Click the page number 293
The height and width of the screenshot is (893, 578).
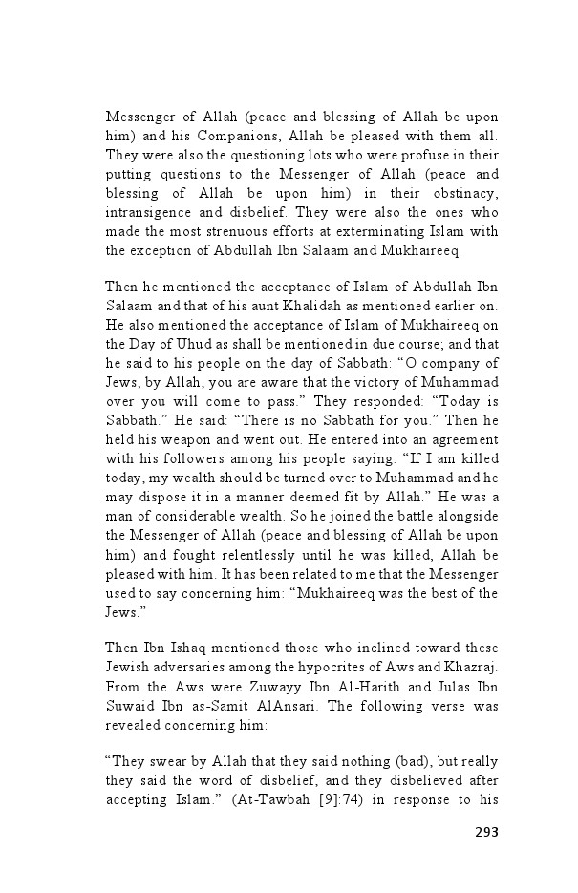(x=486, y=831)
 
